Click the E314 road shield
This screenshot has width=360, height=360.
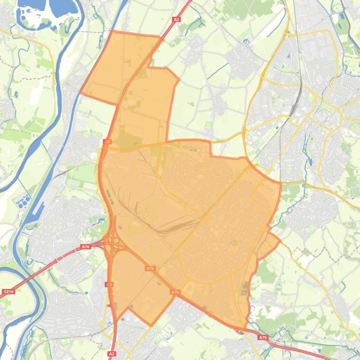coord(8,292)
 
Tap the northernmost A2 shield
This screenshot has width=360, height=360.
coord(176,20)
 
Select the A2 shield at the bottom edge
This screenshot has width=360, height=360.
coord(111,354)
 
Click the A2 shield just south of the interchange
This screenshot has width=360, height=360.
coord(109,284)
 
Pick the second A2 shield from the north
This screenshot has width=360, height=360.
coord(107,141)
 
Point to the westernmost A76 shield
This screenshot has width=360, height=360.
coord(85,246)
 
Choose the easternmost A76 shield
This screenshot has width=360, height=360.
coord(263,337)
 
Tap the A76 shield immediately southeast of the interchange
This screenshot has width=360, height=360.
coord(150,268)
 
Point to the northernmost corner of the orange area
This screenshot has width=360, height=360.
coord(113,31)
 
